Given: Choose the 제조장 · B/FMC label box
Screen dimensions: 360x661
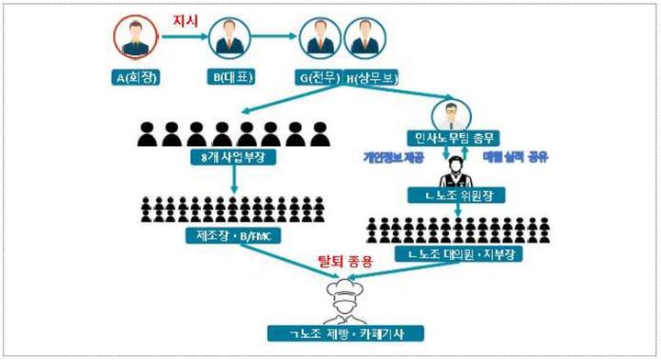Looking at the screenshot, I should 233,236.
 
